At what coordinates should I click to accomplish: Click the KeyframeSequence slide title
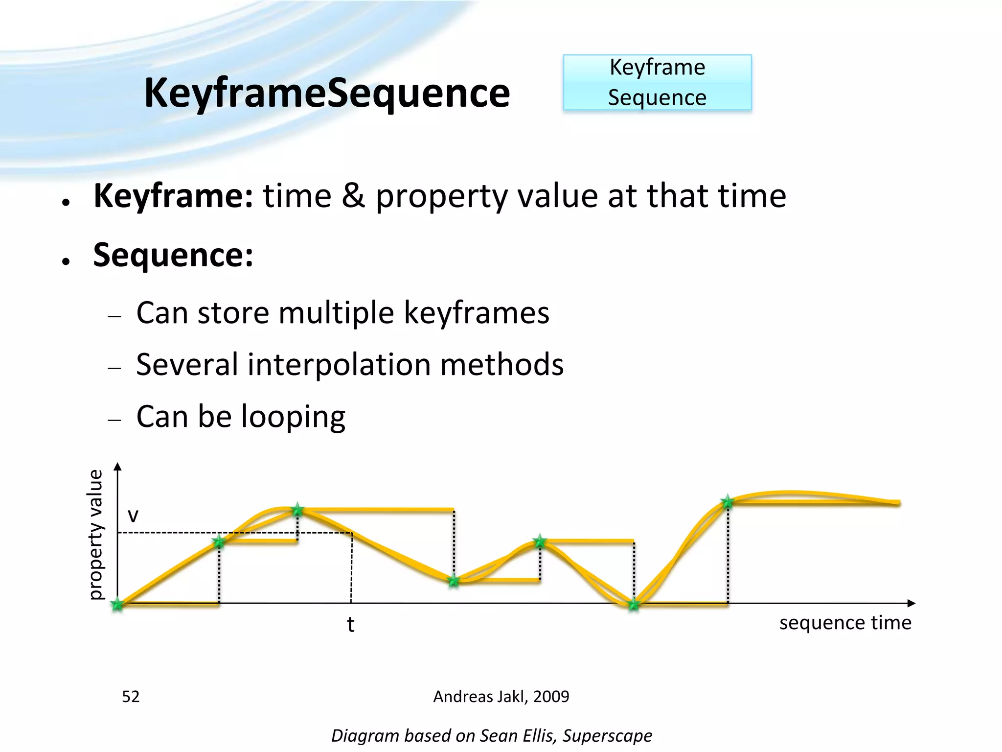(x=327, y=93)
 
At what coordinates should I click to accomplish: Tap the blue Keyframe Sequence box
(x=657, y=82)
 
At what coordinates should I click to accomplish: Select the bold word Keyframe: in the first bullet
(x=173, y=196)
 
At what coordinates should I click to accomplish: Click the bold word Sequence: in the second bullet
(x=173, y=255)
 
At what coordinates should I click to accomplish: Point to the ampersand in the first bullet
(x=353, y=196)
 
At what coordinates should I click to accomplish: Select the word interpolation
(x=339, y=365)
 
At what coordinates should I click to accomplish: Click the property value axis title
(x=96, y=534)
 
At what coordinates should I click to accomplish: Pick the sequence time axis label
(x=845, y=623)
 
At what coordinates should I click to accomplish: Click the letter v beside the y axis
(x=133, y=515)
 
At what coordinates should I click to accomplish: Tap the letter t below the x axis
(x=350, y=625)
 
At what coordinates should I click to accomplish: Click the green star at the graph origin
(x=117, y=604)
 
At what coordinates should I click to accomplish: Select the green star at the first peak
(x=297, y=510)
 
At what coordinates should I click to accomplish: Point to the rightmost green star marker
(x=728, y=502)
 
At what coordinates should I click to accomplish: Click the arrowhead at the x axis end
(x=911, y=603)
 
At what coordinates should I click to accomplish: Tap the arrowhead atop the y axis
(x=117, y=467)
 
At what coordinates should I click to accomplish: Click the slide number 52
(x=131, y=696)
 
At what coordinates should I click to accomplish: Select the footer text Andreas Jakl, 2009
(x=501, y=696)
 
